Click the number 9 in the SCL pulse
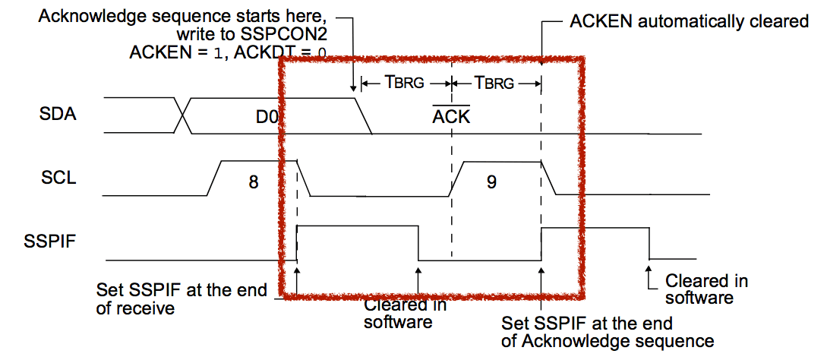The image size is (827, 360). tap(491, 182)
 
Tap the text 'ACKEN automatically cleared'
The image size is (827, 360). tap(688, 21)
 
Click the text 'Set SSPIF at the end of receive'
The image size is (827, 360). tap(182, 298)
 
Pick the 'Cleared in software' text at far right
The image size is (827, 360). tap(706, 289)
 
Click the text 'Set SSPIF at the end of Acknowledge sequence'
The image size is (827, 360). tap(608, 333)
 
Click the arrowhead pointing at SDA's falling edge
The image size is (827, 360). tap(355, 90)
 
